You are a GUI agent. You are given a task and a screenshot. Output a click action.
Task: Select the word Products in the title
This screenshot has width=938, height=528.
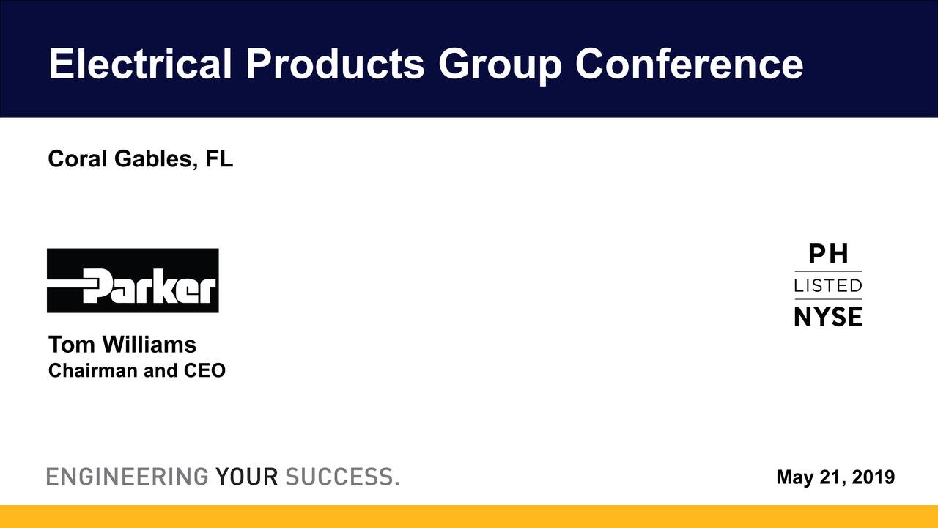pyautogui.click(x=335, y=64)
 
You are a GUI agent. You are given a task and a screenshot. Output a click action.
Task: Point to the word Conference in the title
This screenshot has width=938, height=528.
pyautogui.click(x=689, y=64)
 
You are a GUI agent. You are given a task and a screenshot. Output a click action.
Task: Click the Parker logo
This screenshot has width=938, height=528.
pyautogui.click(x=133, y=281)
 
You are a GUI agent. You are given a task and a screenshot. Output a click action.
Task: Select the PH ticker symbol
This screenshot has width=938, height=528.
pyautogui.click(x=828, y=254)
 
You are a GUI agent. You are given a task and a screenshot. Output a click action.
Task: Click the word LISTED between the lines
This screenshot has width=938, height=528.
pyautogui.click(x=828, y=285)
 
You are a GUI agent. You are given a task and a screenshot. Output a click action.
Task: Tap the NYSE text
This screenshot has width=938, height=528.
pyautogui.click(x=828, y=316)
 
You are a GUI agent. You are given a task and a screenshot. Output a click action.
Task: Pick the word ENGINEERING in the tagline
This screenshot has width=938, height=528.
pyautogui.click(x=128, y=477)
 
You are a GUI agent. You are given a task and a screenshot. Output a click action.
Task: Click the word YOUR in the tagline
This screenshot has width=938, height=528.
pyautogui.click(x=247, y=477)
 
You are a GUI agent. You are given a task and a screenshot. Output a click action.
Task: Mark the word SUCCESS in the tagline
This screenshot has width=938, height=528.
pyautogui.click(x=340, y=477)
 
